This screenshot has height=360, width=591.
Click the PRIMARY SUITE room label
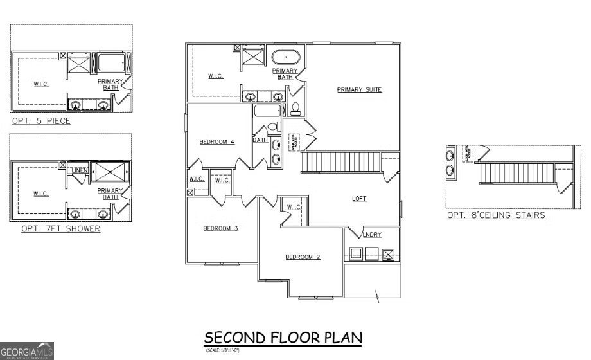(359, 90)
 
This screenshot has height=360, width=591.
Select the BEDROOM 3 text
(220, 228)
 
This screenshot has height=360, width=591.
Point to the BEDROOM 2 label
(303, 257)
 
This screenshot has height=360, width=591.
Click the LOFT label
(359, 199)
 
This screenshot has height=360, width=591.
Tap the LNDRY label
(372, 235)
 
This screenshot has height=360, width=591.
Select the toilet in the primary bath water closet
(296, 107)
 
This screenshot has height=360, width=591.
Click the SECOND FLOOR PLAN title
(283, 337)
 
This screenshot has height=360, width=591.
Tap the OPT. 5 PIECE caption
(41, 121)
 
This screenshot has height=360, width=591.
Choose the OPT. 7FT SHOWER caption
(60, 228)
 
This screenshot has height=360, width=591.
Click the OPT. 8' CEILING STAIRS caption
(496, 215)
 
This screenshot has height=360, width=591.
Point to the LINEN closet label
(79, 170)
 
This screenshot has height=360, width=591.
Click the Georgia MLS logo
(27, 350)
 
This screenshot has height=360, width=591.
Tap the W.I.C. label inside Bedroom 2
(294, 207)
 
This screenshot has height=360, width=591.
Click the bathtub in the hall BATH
(265, 111)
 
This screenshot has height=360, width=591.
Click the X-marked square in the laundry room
(387, 255)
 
